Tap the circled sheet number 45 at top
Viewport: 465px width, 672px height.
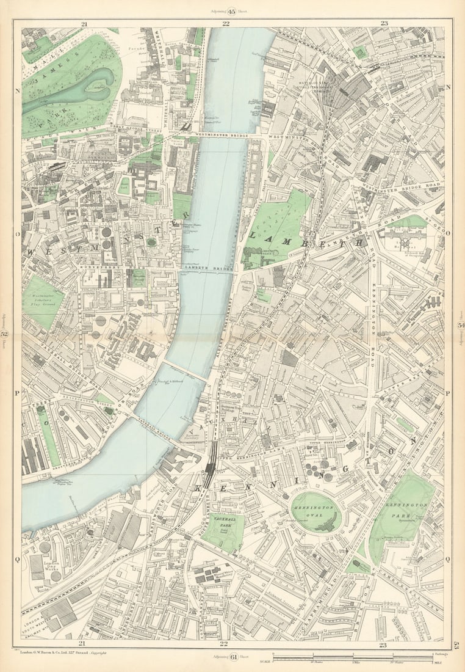(232, 10)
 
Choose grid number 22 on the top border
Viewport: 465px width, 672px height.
(226, 24)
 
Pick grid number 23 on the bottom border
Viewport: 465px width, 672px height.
(383, 645)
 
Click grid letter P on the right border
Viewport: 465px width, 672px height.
(447, 393)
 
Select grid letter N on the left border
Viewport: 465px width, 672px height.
(17, 87)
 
